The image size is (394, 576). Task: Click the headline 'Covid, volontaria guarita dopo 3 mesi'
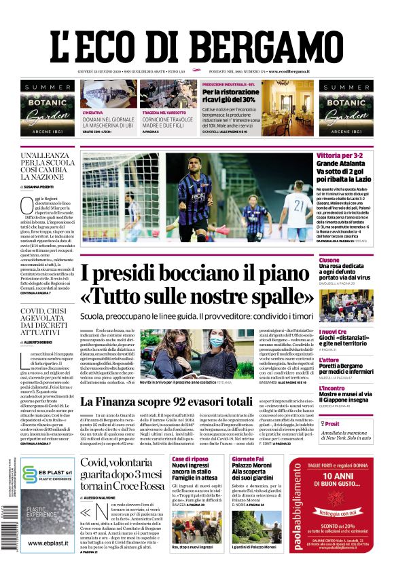click(122, 474)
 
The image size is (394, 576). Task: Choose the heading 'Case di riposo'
click(190, 459)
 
